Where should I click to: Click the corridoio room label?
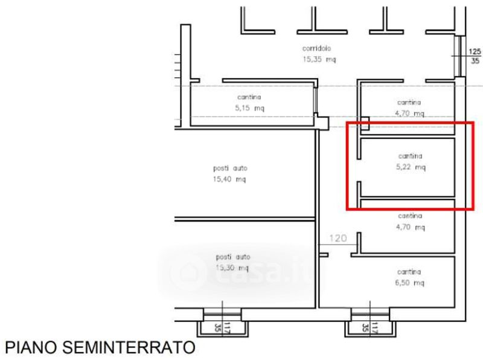(x=316, y=48)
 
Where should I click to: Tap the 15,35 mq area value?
(x=319, y=59)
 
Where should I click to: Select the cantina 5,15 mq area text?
(x=249, y=108)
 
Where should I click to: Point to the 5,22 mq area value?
(x=411, y=167)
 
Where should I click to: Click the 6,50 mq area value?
(x=410, y=283)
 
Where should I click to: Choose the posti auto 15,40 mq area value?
(x=229, y=179)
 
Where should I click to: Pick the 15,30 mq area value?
(x=232, y=268)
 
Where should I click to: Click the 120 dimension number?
(x=338, y=238)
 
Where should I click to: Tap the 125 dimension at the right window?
(x=475, y=51)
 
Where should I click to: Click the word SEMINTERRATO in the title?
(x=129, y=347)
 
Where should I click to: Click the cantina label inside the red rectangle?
(x=410, y=156)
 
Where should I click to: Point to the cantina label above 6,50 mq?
(x=409, y=272)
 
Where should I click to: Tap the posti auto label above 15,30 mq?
(x=233, y=257)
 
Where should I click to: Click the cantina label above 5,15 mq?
(x=249, y=97)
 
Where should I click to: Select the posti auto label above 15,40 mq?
(x=231, y=169)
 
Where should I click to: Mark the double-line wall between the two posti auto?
(x=245, y=219)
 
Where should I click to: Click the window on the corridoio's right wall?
(x=459, y=56)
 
